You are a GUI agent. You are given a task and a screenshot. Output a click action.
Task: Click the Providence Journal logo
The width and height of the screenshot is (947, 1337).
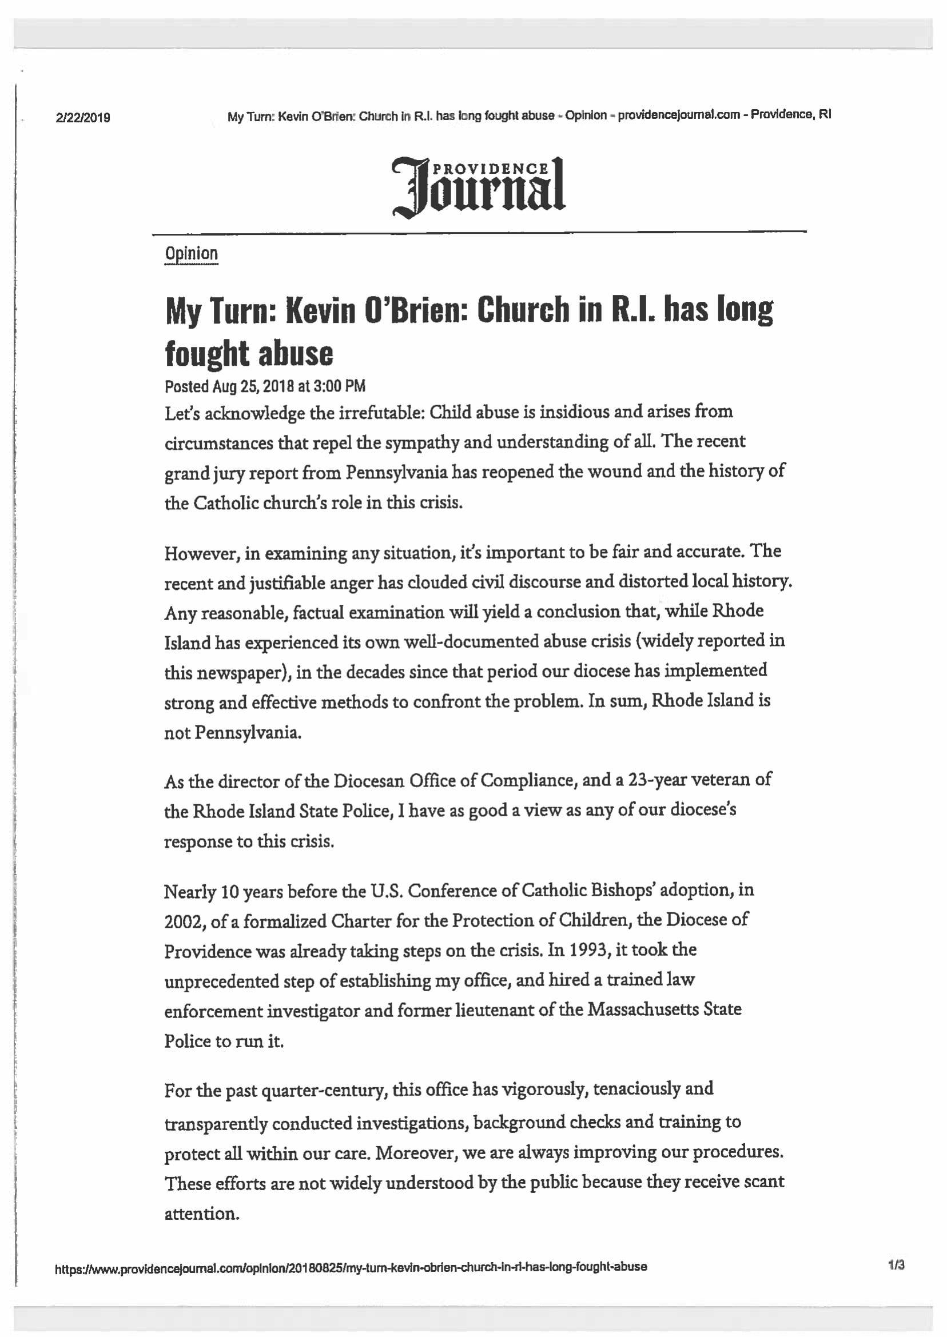pos(479,186)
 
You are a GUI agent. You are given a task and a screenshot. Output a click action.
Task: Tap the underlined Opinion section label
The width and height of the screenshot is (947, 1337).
pos(191,254)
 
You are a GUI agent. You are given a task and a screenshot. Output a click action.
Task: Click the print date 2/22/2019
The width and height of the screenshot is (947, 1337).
pos(83,118)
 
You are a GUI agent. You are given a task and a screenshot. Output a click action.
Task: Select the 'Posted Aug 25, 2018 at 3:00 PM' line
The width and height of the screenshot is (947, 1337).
pos(265,386)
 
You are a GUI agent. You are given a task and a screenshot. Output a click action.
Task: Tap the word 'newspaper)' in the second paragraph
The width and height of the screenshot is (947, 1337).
pos(227,673)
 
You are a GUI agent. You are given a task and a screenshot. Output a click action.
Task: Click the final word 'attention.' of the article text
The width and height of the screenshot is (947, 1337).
pos(202,1214)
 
